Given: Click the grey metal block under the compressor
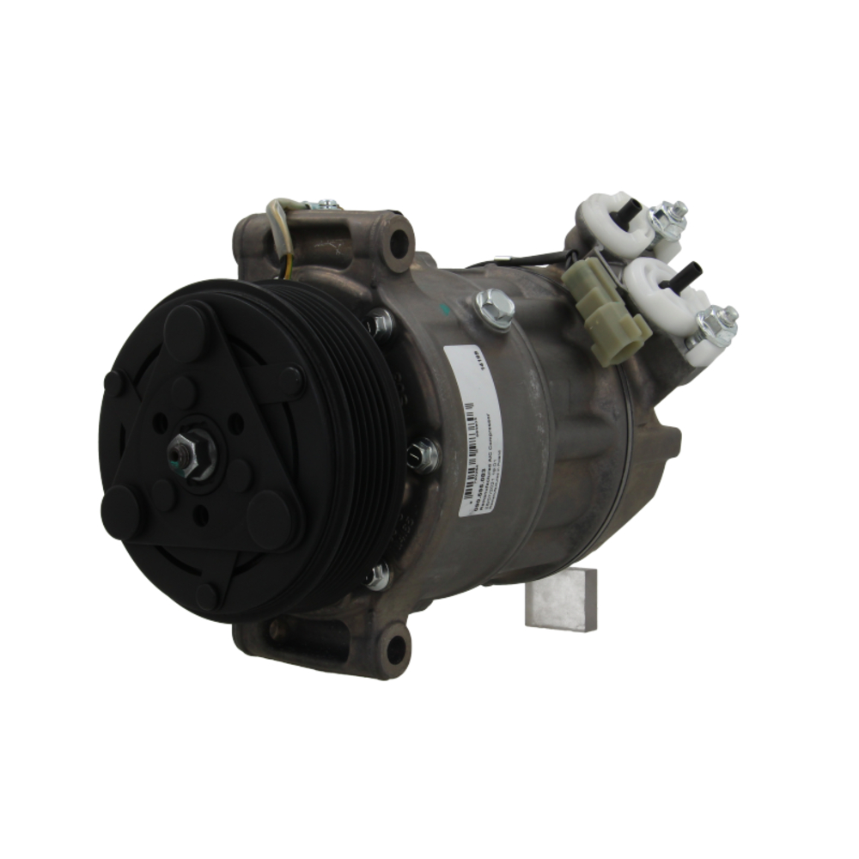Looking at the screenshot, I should click(562, 599).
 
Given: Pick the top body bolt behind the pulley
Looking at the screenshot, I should click(378, 324).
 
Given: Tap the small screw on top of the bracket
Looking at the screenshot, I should click(326, 205).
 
